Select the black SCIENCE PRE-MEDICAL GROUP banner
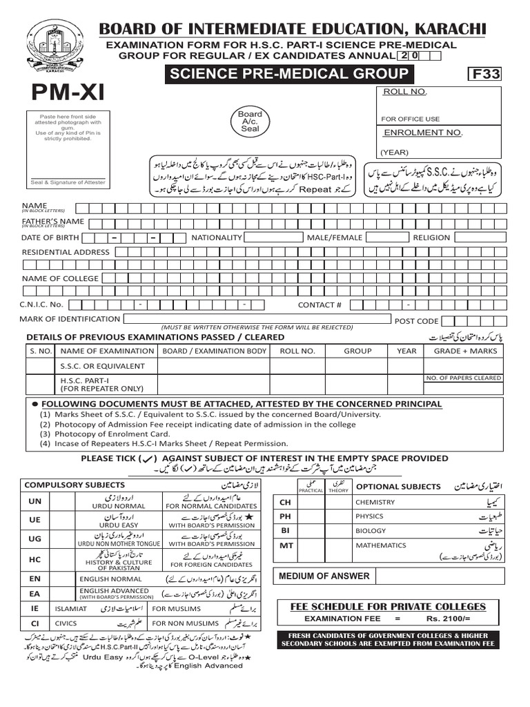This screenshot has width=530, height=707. click(286, 75)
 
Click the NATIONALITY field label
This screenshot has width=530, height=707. click(217, 238)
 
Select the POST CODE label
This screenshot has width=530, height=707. click(416, 320)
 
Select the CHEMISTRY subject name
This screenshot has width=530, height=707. click(375, 502)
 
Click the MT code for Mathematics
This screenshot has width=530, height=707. click(286, 545)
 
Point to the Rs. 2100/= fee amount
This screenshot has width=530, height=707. click(449, 618)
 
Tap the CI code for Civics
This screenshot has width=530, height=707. click(35, 623)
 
